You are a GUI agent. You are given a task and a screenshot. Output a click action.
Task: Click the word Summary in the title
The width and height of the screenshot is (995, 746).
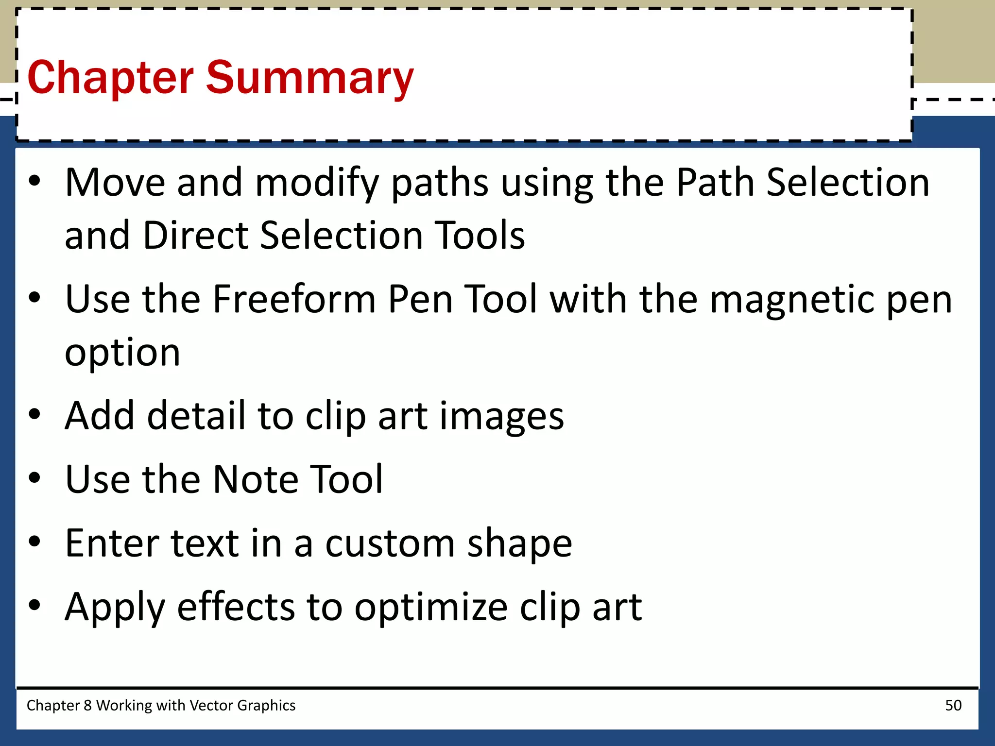point(309,78)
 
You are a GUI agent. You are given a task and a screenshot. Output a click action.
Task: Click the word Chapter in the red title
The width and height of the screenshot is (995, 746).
point(111,78)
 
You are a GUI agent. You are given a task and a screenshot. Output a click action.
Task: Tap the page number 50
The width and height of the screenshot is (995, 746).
point(953,705)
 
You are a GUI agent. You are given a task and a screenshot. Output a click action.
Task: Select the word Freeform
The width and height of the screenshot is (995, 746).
point(294,299)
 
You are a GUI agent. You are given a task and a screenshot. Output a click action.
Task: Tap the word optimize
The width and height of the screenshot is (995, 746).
point(431,607)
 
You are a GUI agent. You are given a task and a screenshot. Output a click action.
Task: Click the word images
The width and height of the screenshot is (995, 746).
point(501,417)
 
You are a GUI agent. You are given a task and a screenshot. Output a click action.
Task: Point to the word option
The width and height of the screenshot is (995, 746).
point(122,353)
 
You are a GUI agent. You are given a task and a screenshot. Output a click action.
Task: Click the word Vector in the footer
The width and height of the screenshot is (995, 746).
point(211,705)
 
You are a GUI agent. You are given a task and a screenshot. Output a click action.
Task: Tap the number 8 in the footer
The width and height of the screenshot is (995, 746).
point(87,705)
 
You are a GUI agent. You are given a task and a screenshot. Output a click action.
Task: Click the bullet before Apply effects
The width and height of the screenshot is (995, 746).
point(34,605)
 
